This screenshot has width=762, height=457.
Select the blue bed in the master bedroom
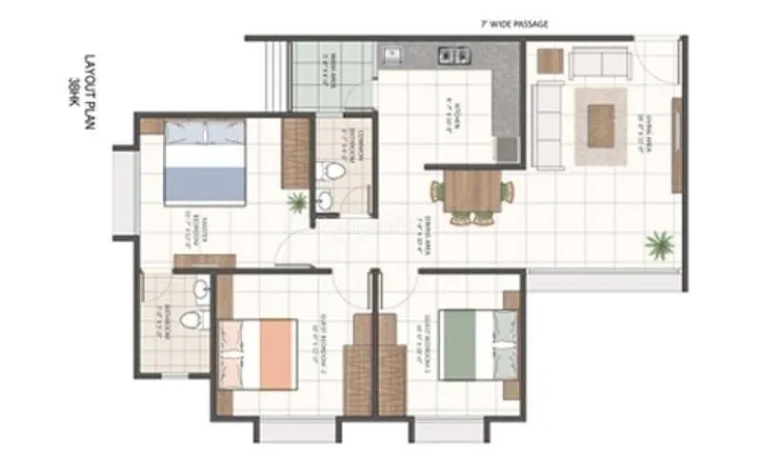point(204,162)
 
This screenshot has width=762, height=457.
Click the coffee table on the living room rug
point(600,125)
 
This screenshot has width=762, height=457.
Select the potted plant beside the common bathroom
point(298,202)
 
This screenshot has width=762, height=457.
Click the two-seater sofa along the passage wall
point(598,63)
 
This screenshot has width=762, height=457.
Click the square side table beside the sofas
point(550,60)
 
